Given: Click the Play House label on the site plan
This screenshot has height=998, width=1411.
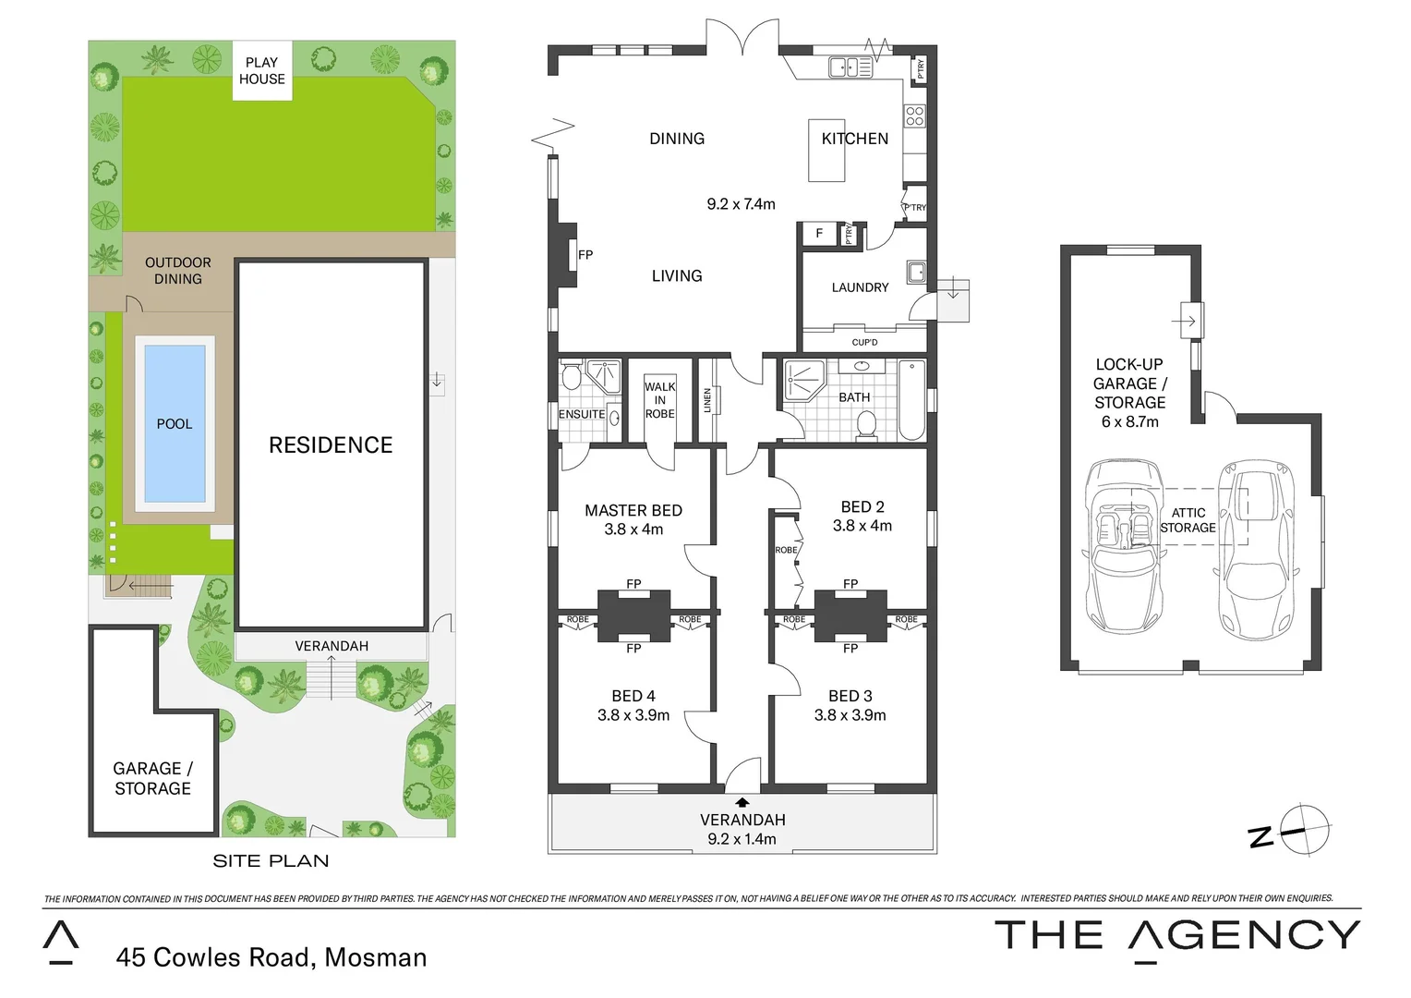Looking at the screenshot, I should coord(262,70).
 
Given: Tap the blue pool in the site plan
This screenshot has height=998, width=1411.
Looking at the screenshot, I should coord(175,424).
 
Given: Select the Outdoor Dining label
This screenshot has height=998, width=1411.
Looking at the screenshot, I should coord(178,271).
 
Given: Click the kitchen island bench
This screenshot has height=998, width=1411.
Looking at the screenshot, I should coord(826,151).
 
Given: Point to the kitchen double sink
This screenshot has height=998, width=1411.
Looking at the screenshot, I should coord(850,67).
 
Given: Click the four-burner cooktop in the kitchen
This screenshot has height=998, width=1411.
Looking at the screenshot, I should coord(914,116).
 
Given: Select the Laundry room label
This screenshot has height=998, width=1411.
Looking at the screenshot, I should coord(860,287).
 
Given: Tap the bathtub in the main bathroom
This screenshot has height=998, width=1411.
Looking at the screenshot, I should coord(911,401).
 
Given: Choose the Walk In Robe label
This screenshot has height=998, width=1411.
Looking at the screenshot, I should coord(659,400).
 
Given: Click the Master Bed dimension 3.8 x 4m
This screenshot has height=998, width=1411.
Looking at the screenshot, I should coord(633,529).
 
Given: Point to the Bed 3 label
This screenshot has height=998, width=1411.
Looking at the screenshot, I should coord(850,696).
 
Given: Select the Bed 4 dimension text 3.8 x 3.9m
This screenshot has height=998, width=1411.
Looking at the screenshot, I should coord(633,715).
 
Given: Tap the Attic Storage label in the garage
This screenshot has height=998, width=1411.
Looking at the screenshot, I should coord(1188,520).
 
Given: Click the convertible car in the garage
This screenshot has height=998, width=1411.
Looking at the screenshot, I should coord(1123,547).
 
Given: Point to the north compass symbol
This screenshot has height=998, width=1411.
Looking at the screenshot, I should coord(1302,829).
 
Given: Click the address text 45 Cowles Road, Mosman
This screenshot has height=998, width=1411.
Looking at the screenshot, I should coord(271,957).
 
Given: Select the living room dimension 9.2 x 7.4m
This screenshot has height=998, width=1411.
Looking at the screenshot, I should coord(741,204).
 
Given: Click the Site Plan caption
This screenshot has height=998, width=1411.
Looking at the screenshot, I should coord(271,861).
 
